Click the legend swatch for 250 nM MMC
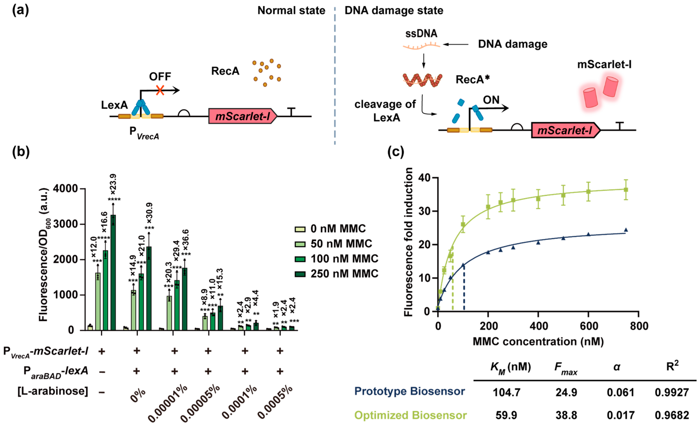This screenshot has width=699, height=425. coord(300,274)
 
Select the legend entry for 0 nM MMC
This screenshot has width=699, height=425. coord(338,229)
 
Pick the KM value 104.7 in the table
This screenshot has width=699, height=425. coord(506,392)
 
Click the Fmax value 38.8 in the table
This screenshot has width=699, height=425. coord(566,415)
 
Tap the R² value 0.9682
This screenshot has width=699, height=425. coord(672,415)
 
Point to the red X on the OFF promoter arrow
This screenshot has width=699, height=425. coord(160,91)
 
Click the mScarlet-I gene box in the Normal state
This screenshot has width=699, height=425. coord(243,116)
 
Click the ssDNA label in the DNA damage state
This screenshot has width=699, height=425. coord(421,33)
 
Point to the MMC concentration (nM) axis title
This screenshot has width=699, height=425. coord(538,341)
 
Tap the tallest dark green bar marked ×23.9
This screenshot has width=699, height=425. coord(113,272)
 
